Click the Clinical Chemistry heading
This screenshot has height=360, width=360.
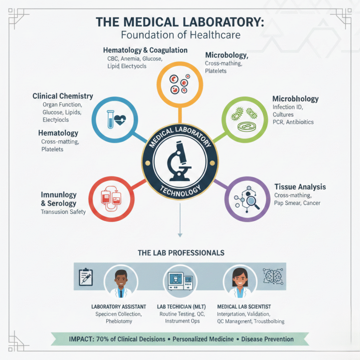(x=63, y=96)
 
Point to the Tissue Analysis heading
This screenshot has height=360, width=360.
(x=300, y=187)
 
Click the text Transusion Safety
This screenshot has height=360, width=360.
(x=63, y=212)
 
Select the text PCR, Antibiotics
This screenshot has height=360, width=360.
(x=293, y=122)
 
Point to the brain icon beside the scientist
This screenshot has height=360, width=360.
(x=272, y=277)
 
